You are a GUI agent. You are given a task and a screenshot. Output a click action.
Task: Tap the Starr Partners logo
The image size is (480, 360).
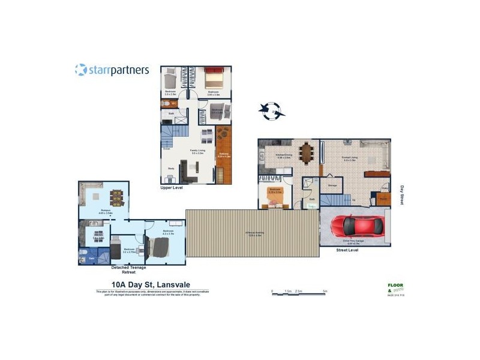(x=112, y=70)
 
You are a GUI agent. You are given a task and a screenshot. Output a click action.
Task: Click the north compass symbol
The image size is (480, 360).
(x=272, y=110)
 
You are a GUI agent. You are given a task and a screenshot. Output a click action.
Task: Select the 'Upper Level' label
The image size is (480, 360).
(x=171, y=188)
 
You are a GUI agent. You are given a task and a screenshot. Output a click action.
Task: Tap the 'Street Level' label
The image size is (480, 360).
(x=347, y=250)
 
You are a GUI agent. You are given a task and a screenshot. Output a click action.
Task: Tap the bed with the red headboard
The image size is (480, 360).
(x=213, y=79)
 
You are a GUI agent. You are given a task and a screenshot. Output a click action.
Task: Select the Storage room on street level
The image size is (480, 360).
(x=332, y=185)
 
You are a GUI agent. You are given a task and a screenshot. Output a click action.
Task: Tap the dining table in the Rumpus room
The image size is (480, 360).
(x=116, y=197)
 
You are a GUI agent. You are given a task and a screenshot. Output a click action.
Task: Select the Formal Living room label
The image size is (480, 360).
(x=349, y=159)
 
